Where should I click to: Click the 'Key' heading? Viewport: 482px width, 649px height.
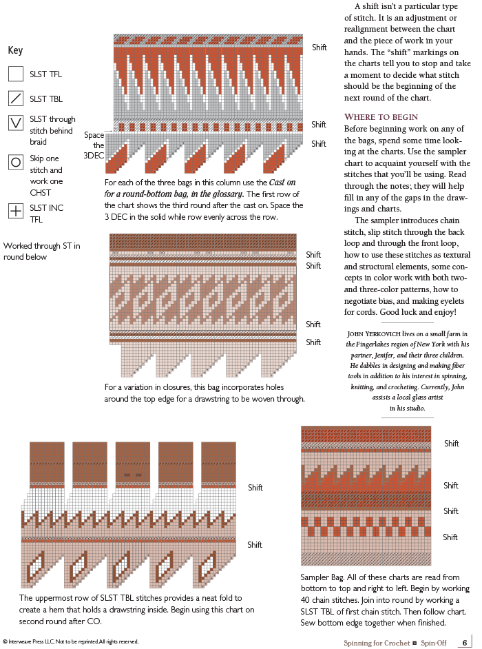15,50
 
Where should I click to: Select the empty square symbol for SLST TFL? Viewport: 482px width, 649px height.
16,74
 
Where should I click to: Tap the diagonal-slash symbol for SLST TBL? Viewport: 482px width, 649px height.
16,99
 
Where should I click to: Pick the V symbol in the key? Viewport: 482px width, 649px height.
16,123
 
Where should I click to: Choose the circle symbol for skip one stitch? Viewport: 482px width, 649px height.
16,162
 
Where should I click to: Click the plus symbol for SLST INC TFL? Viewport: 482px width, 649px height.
16,211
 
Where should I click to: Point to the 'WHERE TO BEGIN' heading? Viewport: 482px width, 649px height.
381,116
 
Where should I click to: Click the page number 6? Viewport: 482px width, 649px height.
465,642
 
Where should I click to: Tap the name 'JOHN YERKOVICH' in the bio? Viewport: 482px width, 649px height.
374,333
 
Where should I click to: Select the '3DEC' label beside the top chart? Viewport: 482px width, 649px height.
94,156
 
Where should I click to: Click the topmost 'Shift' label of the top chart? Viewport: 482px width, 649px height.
319,47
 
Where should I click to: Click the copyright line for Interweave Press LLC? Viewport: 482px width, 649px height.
70,641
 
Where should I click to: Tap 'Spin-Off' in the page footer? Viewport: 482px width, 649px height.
434,643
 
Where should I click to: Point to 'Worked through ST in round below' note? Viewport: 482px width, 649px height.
42,251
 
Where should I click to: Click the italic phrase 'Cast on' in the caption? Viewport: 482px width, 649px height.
282,182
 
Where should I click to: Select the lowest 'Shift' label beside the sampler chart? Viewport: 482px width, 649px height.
450,537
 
